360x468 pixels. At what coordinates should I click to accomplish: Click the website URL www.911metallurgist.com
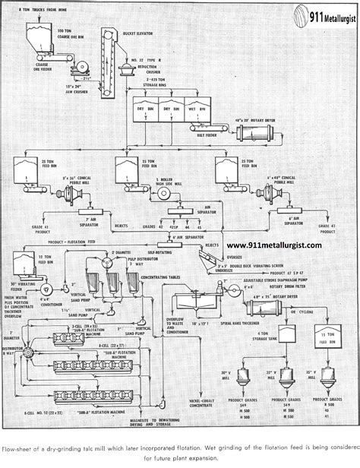274,245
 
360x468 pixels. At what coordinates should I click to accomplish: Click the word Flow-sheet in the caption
17,447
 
